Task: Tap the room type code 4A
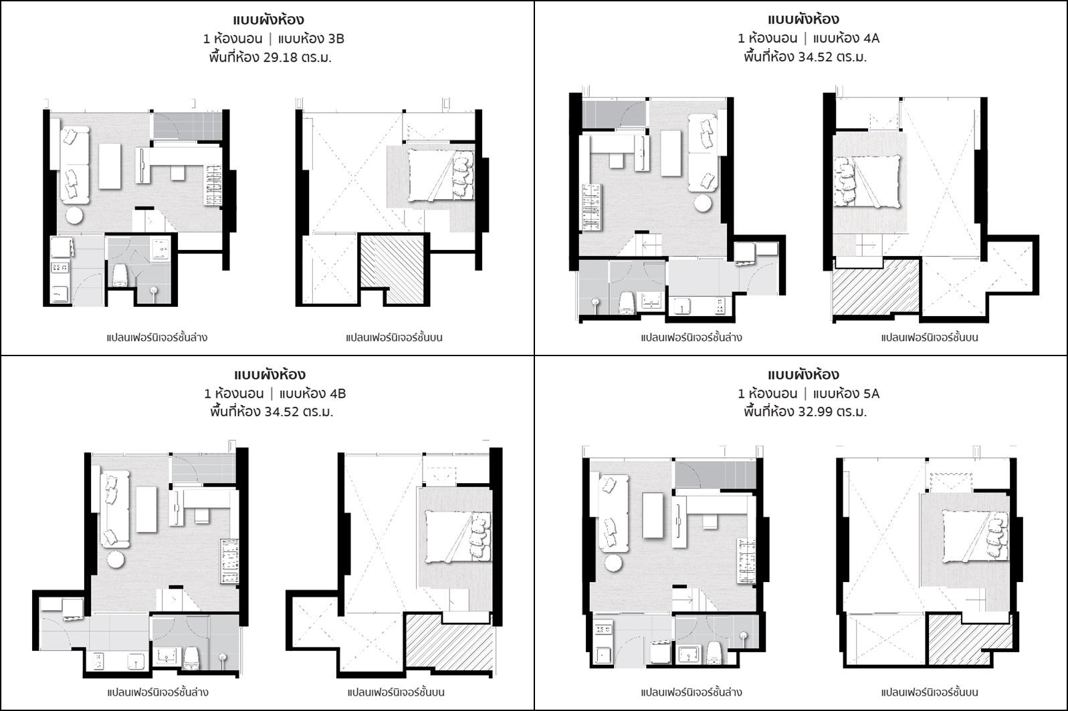(871, 38)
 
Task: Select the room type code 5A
(871, 394)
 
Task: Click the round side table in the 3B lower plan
(74, 216)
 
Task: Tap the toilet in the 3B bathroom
(120, 276)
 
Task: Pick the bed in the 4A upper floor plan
(867, 182)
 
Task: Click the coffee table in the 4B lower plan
(146, 509)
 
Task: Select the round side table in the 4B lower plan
(116, 559)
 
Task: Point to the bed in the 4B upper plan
(457, 536)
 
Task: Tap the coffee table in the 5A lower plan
(653, 515)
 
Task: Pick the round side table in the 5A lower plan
(614, 563)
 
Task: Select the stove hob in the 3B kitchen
(60, 268)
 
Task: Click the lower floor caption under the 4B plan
(158, 692)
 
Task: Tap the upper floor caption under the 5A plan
(930, 692)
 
